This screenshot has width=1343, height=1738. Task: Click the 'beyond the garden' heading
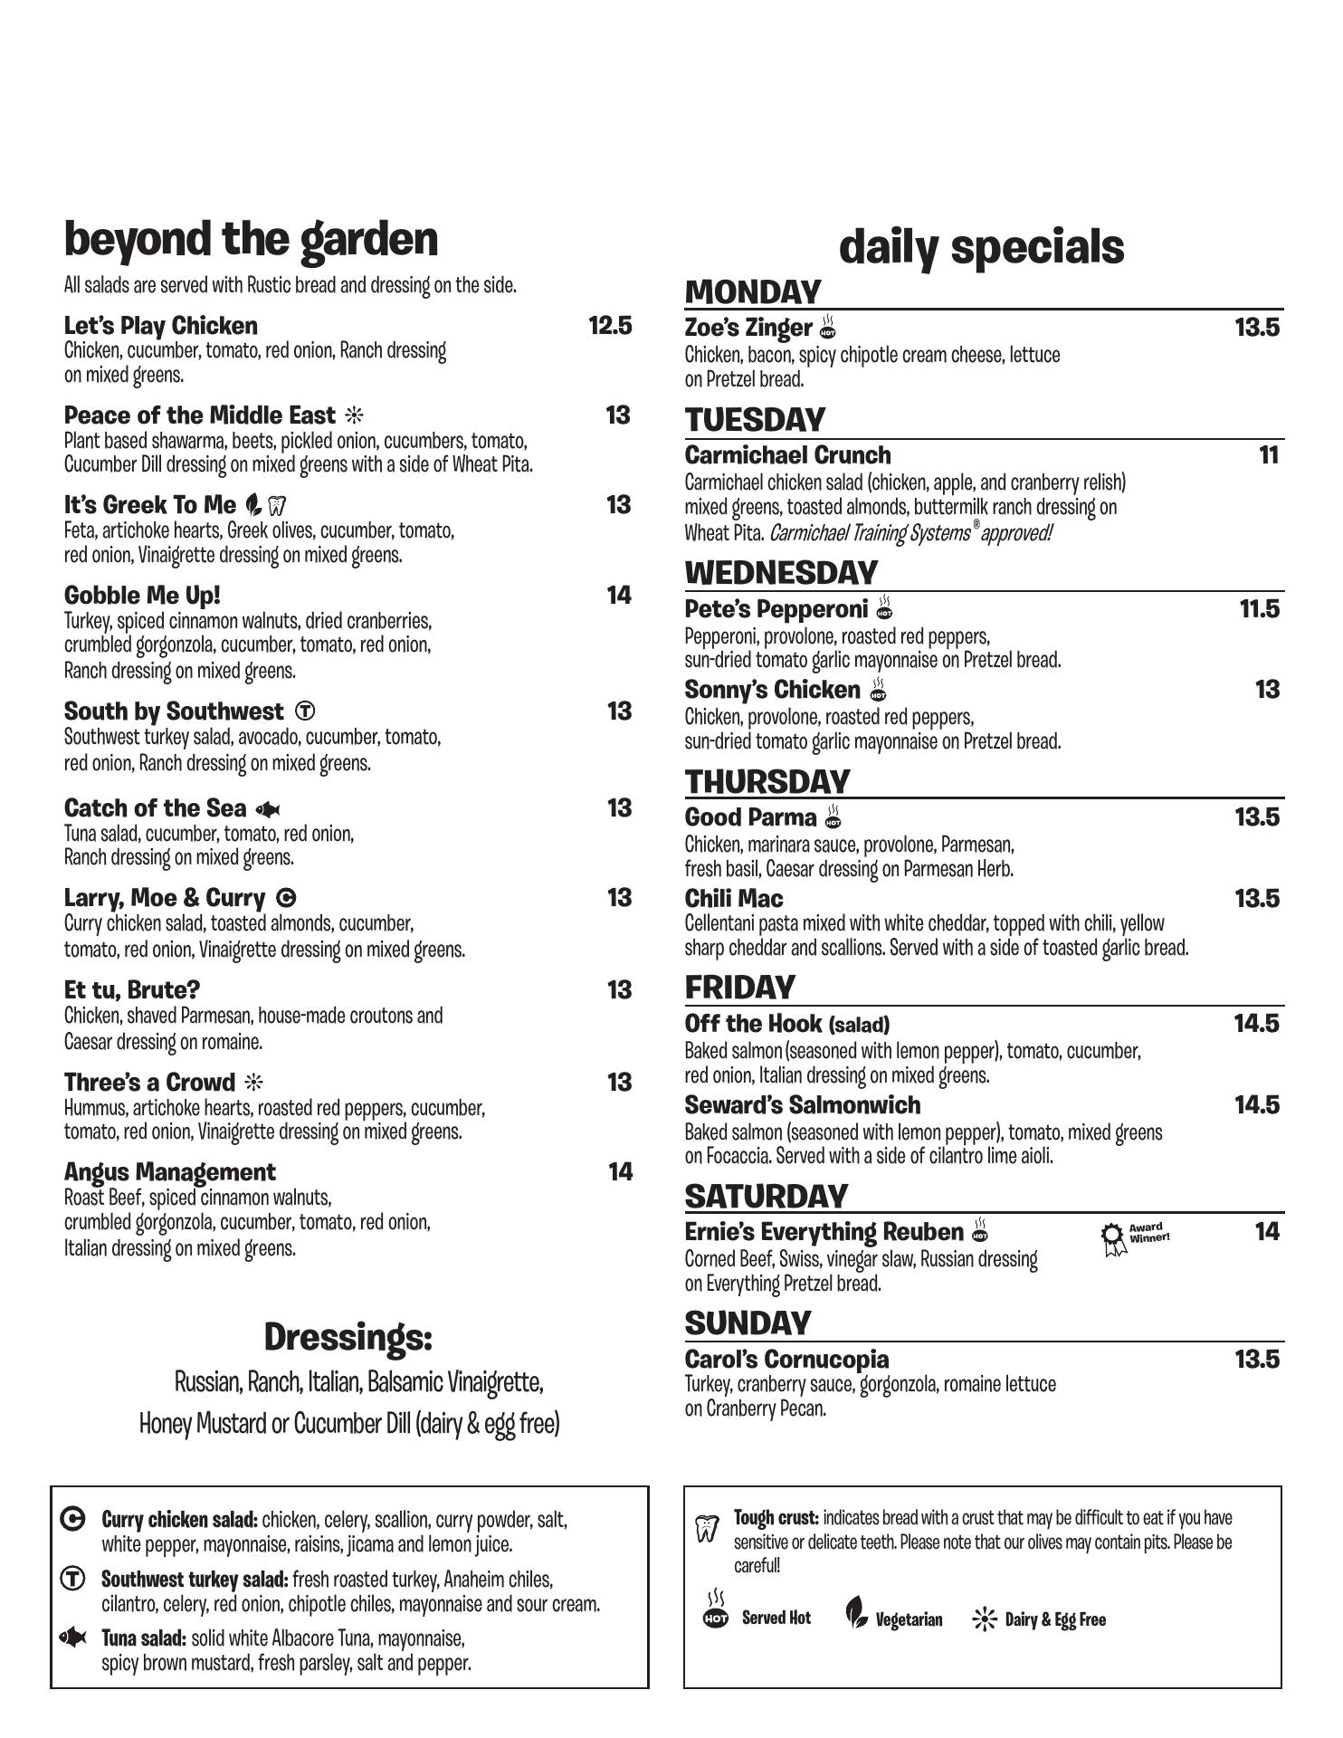(251, 239)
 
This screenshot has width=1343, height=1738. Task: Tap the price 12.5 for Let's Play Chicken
(610, 326)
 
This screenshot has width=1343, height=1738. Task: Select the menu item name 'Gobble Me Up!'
(142, 596)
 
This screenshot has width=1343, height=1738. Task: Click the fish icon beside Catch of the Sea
(268, 809)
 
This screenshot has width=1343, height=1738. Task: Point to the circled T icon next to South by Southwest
(305, 711)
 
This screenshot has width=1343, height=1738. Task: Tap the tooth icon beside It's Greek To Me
(278, 506)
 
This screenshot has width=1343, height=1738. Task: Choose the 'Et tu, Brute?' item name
(132, 989)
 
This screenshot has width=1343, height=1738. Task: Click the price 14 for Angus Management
(620, 1172)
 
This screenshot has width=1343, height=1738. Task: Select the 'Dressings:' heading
(348, 1337)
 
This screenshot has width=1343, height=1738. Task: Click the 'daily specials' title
(981, 247)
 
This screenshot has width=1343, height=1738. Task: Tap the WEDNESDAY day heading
(781, 573)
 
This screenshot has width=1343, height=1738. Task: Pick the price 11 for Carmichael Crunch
(1269, 455)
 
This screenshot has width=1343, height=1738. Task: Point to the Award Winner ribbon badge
(1112, 1237)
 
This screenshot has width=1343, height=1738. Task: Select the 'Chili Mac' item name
(734, 899)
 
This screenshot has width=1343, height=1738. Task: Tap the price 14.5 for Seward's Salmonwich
(1256, 1105)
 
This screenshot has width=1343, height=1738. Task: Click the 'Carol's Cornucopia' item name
(786, 1360)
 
